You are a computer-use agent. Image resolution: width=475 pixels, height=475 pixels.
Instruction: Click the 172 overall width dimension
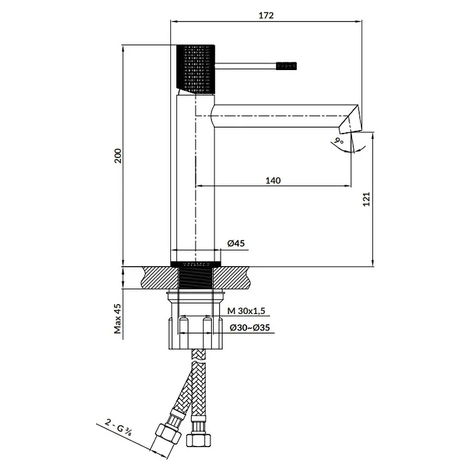[266, 15]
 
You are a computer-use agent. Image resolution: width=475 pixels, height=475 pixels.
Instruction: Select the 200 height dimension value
[118, 156]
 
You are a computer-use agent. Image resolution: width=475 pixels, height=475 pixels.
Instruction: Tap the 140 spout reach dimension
[273, 180]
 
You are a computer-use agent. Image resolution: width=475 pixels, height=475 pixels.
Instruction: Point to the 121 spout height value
[366, 199]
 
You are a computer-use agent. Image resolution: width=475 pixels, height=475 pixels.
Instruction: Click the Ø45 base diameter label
[236, 243]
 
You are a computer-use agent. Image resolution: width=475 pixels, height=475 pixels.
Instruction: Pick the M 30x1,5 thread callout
[246, 311]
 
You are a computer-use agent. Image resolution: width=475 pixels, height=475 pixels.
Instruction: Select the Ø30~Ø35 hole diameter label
[249, 328]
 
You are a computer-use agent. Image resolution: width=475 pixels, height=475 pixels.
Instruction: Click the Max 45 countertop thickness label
[118, 319]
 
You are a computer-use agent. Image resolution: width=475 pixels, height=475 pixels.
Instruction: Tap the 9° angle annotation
[339, 141]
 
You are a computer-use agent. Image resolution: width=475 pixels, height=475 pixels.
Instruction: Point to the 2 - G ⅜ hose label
[118, 427]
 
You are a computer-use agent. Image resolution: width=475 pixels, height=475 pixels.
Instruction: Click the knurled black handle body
[196, 69]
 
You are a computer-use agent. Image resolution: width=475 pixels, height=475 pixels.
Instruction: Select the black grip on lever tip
[286, 66]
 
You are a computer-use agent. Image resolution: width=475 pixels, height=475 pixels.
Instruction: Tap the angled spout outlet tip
[351, 119]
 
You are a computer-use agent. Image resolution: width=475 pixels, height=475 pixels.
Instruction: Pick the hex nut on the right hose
[198, 439]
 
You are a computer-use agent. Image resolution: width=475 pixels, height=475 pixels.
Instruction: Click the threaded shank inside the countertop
[196, 277]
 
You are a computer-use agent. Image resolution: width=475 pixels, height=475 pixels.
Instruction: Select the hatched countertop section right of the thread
[232, 278]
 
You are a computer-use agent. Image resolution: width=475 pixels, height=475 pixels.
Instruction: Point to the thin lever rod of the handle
[245, 66]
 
